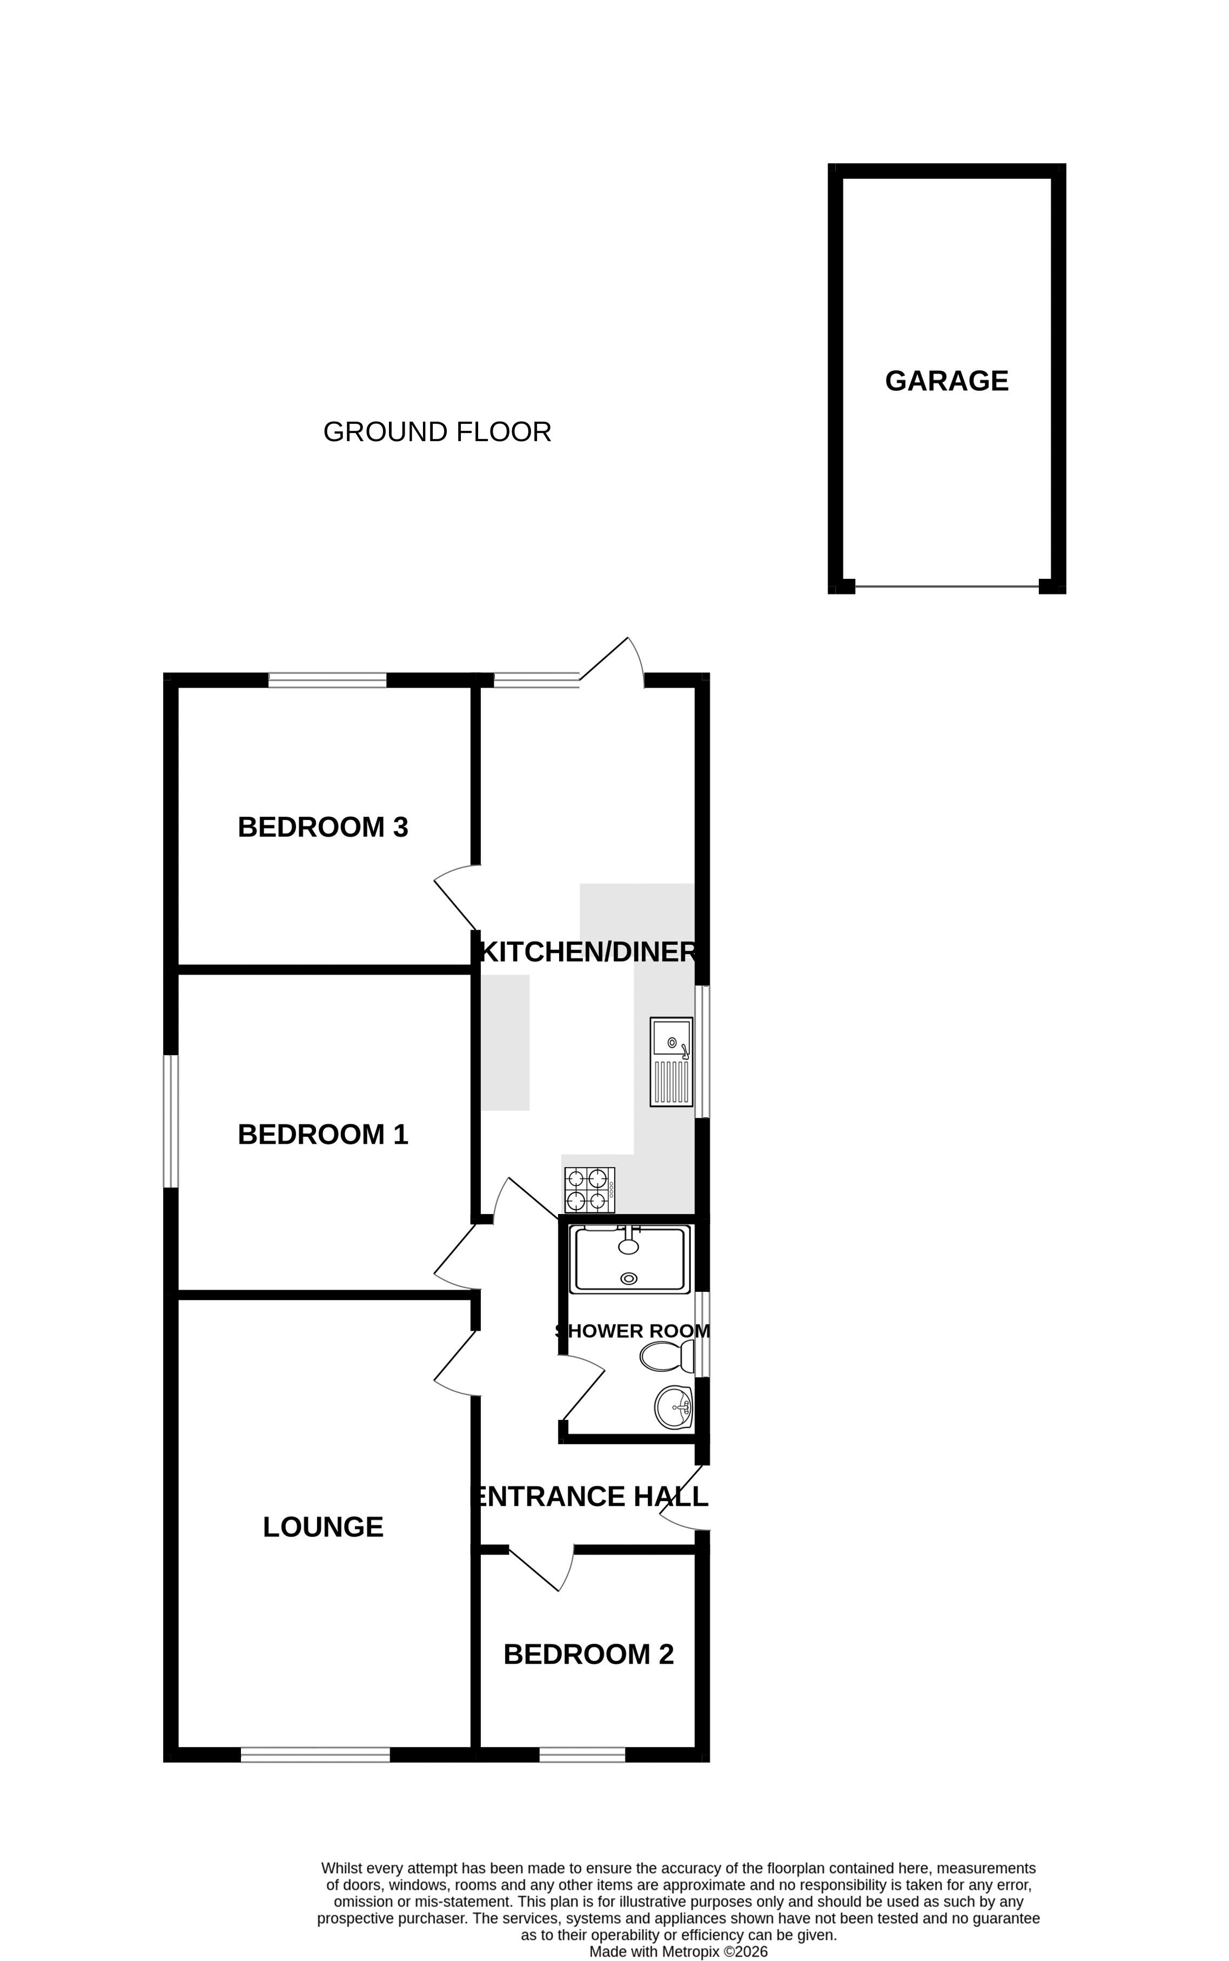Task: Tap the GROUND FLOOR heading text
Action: (x=437, y=432)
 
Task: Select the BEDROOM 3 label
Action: (x=323, y=827)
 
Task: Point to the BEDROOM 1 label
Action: (x=323, y=1134)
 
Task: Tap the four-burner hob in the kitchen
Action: (x=589, y=1190)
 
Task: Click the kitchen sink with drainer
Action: (x=671, y=1062)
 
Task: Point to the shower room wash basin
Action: (x=674, y=1408)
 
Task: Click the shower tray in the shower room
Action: (x=629, y=1258)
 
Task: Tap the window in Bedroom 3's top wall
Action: (x=327, y=679)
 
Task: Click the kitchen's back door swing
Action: (x=611, y=662)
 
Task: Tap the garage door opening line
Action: (x=947, y=585)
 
